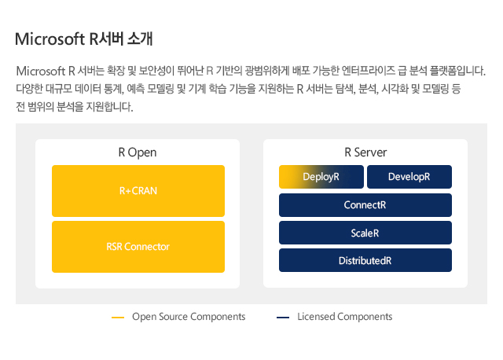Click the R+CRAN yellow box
pos(138,191)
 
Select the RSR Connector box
pos(138,247)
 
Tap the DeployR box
pos(321,177)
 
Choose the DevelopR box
pos(409,177)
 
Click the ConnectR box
pos(365,205)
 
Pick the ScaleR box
pos(365,233)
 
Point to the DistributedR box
pos(365,260)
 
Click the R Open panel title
pos(138,152)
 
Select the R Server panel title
pos(365,152)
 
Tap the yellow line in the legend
pos(118,318)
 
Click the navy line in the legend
pos(283,318)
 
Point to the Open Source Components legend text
pos(189,317)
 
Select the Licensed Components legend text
pos(345,317)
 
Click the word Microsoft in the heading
pos(50,39)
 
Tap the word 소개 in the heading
pos(140,39)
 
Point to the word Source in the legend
pos(174,317)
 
